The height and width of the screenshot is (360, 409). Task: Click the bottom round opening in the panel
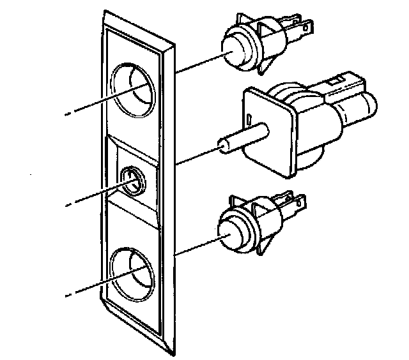tap(131, 271)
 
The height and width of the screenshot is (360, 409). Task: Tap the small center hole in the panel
tap(132, 181)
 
